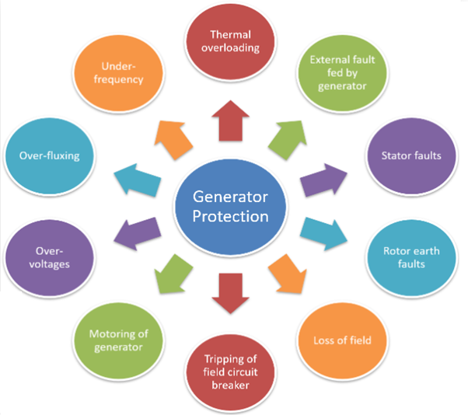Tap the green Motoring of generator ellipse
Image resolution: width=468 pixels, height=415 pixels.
tap(121, 340)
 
